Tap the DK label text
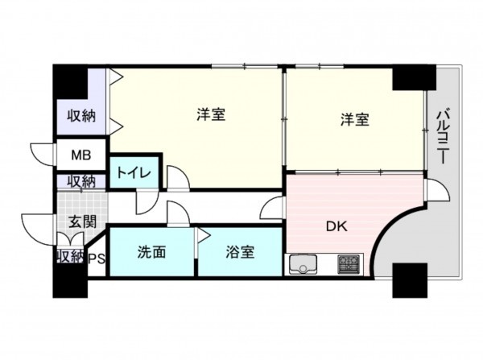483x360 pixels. pos(336,226)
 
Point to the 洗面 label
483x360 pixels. pos(151,252)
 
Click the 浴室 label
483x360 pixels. pos(239,252)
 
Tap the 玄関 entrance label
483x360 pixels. pos(80,221)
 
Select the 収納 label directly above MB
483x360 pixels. pos(81,116)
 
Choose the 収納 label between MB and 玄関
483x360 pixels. pos(81,181)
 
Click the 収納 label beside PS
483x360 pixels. pos(69,258)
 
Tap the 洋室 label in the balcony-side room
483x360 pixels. pos(353,119)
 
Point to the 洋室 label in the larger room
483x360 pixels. pos(211,115)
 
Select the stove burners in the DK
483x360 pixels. pos(349,263)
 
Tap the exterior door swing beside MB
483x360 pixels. pos(42,153)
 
